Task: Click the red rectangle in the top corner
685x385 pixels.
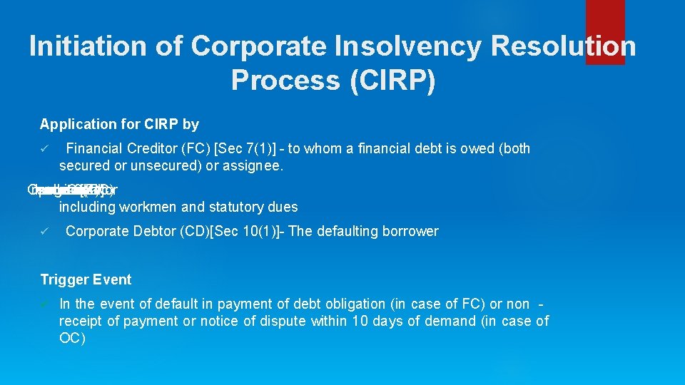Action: point(604,32)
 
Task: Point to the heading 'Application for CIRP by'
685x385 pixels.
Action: point(119,124)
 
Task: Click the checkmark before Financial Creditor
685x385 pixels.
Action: point(44,149)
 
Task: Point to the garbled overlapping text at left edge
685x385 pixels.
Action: point(71,190)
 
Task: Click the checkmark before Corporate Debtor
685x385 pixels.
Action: point(44,232)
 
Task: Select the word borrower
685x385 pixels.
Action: point(409,232)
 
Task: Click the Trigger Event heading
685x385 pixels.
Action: point(86,279)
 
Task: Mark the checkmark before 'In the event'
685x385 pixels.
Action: point(44,304)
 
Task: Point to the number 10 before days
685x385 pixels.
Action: point(360,322)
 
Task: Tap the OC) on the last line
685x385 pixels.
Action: point(72,339)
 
